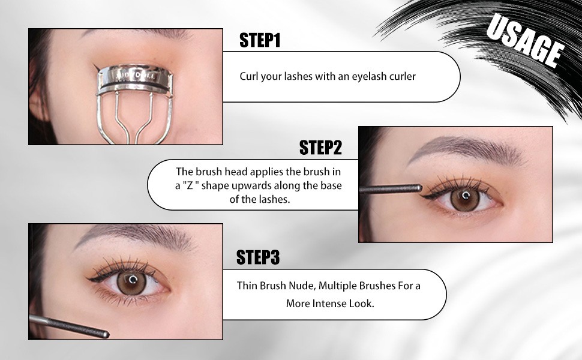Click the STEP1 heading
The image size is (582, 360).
(x=259, y=40)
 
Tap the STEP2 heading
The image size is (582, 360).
(x=320, y=148)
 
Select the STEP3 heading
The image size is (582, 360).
(x=257, y=257)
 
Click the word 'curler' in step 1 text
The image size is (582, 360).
(x=403, y=76)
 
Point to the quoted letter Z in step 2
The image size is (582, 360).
(x=190, y=185)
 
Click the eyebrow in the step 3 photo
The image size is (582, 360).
(x=134, y=236)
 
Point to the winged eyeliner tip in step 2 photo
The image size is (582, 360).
(x=424, y=197)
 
